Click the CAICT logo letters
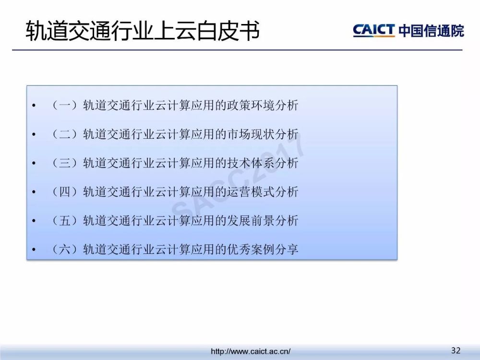374,30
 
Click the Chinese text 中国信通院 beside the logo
432,30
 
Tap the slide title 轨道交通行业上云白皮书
143,31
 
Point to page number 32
456,350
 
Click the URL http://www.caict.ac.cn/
251,351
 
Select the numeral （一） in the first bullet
65,105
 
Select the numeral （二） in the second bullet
65,134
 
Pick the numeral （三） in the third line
65,163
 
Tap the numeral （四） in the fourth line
65,192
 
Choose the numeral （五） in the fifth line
65,220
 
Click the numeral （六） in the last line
65,249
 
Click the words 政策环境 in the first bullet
251,105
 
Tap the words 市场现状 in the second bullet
251,134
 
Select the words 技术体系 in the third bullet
251,163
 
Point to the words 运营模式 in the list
251,192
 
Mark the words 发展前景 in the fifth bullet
251,220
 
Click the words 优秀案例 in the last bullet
251,249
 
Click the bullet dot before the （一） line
34,106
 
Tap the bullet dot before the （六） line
34,250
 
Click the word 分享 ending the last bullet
287,249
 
